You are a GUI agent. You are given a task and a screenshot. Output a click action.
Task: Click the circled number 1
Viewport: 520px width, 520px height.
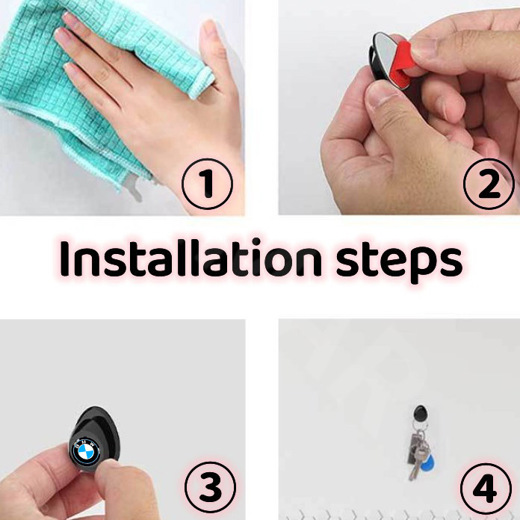pos(207,184)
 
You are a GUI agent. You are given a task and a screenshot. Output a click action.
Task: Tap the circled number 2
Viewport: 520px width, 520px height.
pos(489,184)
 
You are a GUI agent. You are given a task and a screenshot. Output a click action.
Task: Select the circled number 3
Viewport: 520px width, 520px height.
pos(210,487)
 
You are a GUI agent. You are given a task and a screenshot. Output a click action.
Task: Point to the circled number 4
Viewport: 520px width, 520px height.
pos(486,489)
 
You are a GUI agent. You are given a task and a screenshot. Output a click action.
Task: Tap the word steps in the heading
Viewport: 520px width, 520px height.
pos(400,263)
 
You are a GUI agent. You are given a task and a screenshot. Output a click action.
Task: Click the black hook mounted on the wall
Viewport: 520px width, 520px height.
pos(421,413)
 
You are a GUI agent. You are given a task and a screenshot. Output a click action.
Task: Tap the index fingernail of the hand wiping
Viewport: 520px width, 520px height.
pos(63,34)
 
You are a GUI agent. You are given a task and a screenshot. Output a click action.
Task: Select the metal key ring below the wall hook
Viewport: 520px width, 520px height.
pos(419,427)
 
